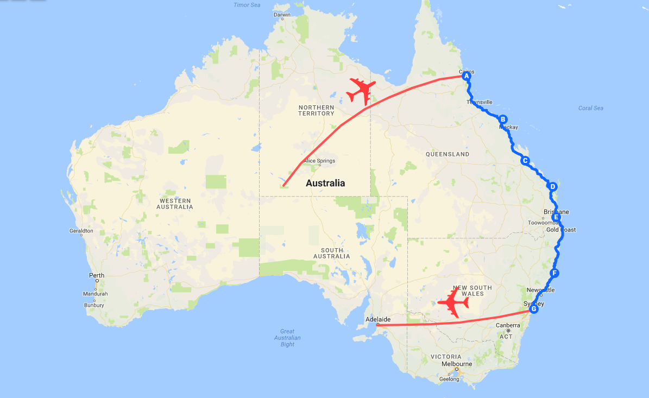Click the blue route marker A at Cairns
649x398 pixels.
point(466,77)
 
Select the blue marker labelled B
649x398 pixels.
point(503,119)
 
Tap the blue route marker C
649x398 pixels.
point(525,161)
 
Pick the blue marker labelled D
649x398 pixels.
point(553,187)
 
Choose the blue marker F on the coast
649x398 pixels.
point(554,273)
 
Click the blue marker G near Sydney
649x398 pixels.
point(533,309)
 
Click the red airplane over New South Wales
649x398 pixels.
point(453,303)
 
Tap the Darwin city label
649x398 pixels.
point(282,15)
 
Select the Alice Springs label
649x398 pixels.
point(319,161)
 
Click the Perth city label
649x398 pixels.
point(96,276)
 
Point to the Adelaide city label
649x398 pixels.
point(378,319)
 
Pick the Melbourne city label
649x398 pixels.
point(457,364)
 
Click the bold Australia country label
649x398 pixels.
point(325,183)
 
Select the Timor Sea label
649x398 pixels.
point(247,5)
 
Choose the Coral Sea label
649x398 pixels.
point(591,108)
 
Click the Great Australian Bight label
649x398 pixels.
point(287,338)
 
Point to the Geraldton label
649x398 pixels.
point(81,231)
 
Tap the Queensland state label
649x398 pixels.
point(448,154)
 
